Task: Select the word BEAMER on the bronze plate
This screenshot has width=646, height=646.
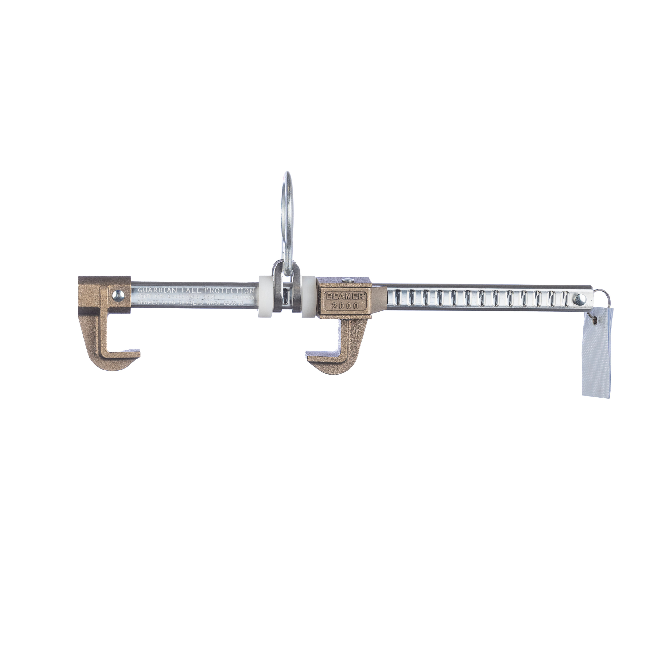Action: [x=341, y=297]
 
